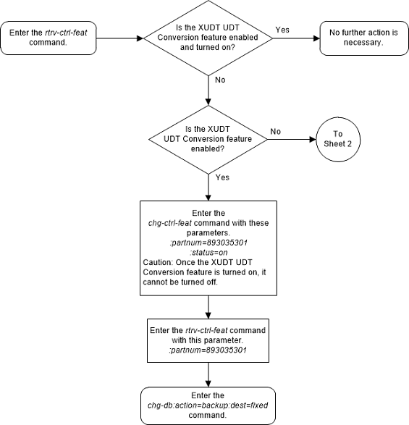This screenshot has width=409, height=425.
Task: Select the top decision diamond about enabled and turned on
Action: [208, 38]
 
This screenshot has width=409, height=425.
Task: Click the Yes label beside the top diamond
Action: [282, 30]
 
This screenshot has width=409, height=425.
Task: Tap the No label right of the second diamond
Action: [276, 132]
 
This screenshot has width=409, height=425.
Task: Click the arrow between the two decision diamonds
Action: [208, 91]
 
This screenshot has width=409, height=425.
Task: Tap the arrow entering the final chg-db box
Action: [208, 376]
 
